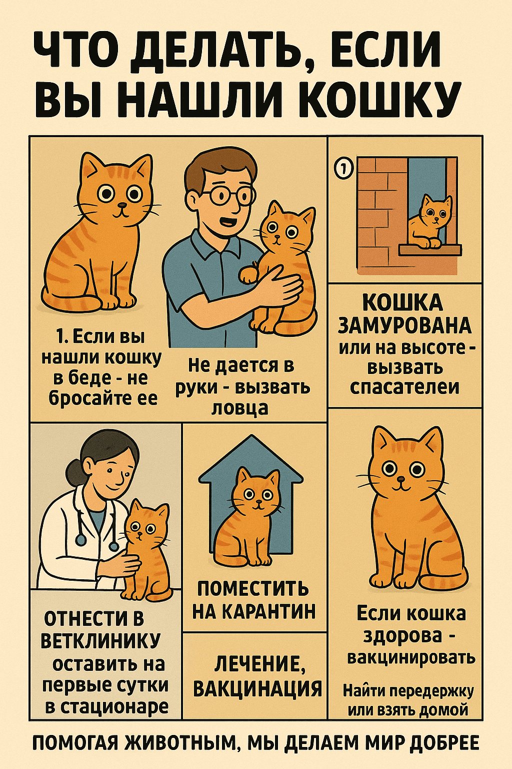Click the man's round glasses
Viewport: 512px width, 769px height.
point(226,196)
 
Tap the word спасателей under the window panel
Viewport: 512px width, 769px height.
point(404,387)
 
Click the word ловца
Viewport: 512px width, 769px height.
point(240,409)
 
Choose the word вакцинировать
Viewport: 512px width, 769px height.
point(411,657)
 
